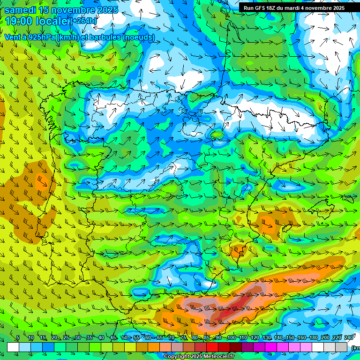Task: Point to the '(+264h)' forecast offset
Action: point(83,21)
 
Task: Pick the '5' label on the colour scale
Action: point(17,337)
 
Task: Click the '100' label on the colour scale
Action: point(231,337)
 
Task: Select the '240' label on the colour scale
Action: point(349,337)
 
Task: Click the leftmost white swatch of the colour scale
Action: point(13,347)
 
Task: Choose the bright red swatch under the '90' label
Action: point(212,347)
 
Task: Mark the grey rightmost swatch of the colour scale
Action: point(342,347)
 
